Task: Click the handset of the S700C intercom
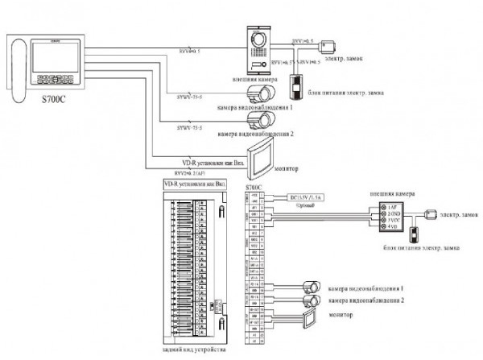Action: coord(19,71)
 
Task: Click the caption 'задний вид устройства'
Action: coord(194,351)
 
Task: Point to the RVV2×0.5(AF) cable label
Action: coord(191,173)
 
